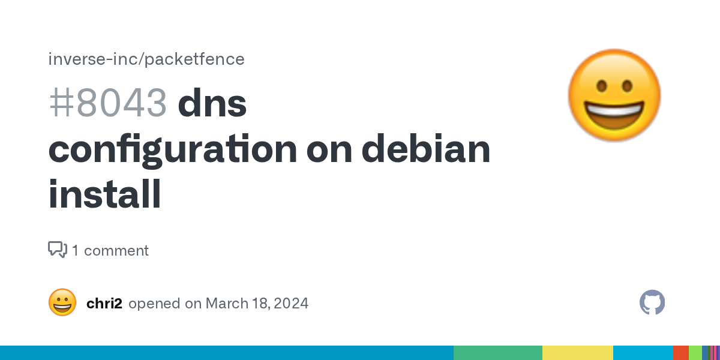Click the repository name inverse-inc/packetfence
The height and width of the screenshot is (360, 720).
tap(146, 59)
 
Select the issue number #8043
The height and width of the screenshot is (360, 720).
tap(107, 103)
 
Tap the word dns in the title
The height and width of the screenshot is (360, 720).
tap(212, 102)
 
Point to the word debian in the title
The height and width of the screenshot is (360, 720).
tap(426, 147)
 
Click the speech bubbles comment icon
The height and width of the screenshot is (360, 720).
tap(58, 250)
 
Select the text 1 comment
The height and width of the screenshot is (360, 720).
tap(110, 250)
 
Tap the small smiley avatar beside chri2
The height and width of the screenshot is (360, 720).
tap(62, 302)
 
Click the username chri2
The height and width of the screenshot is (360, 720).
tap(104, 303)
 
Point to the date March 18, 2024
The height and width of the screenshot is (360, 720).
tap(257, 304)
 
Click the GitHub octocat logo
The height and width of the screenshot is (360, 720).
tap(652, 302)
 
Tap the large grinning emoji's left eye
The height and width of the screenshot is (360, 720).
tap(602, 86)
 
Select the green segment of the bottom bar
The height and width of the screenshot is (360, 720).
tap(498, 353)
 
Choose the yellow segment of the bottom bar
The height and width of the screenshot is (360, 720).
tap(578, 353)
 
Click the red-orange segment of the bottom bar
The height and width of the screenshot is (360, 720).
tap(681, 353)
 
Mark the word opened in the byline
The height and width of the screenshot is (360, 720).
tap(154, 304)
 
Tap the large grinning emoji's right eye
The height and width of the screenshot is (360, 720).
tap(627, 86)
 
